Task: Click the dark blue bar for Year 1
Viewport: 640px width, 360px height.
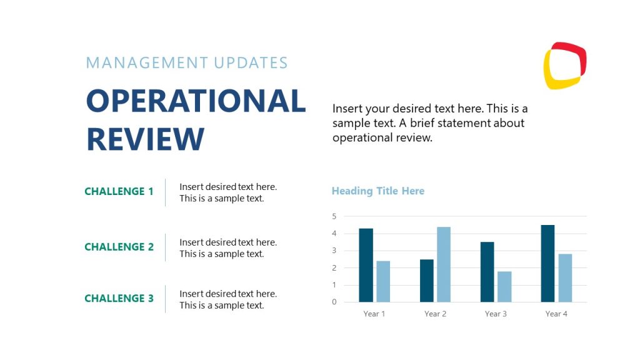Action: (366, 265)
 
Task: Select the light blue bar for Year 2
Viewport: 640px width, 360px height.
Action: (443, 264)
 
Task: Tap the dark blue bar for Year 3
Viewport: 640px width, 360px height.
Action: (487, 272)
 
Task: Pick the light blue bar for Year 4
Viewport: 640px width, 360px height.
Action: (564, 277)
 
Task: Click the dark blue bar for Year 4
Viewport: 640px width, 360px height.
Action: (547, 263)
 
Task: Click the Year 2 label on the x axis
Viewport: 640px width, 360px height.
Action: (435, 314)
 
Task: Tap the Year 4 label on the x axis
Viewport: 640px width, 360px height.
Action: (556, 314)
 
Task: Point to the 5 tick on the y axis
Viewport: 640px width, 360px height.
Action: (334, 216)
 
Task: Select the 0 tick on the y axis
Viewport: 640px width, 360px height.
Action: (334, 302)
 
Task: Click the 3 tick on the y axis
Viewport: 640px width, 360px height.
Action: (334, 251)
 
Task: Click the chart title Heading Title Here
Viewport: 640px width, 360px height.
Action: (377, 191)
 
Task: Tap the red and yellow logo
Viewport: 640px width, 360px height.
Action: (564, 65)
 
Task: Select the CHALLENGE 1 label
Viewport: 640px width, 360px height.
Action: (119, 192)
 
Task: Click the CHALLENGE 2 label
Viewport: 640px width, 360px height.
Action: (119, 247)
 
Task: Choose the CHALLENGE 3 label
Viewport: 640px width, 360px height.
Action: (119, 299)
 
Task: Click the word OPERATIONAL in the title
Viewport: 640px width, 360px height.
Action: (196, 101)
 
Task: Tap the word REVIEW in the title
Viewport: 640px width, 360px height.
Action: (145, 139)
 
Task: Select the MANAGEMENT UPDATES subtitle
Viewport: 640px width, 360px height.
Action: (187, 63)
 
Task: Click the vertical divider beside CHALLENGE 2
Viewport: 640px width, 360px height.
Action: (166, 247)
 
